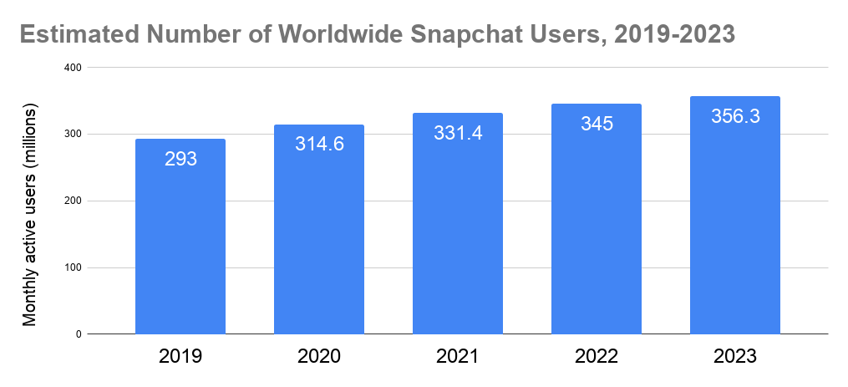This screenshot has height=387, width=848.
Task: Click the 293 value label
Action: click(x=180, y=158)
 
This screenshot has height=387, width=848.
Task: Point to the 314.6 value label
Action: click(x=319, y=144)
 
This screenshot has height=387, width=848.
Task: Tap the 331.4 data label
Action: click(x=458, y=133)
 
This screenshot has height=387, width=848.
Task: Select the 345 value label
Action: click(x=597, y=125)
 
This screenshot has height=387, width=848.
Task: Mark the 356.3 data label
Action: click(x=735, y=117)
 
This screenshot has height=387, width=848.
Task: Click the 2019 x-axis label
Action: click(x=180, y=357)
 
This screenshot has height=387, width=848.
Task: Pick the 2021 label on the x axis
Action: click(x=458, y=357)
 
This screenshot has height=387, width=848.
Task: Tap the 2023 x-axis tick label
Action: click(x=735, y=357)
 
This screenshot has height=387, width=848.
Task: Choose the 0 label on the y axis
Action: click(x=79, y=334)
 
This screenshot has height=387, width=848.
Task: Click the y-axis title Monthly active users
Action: click(x=30, y=216)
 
